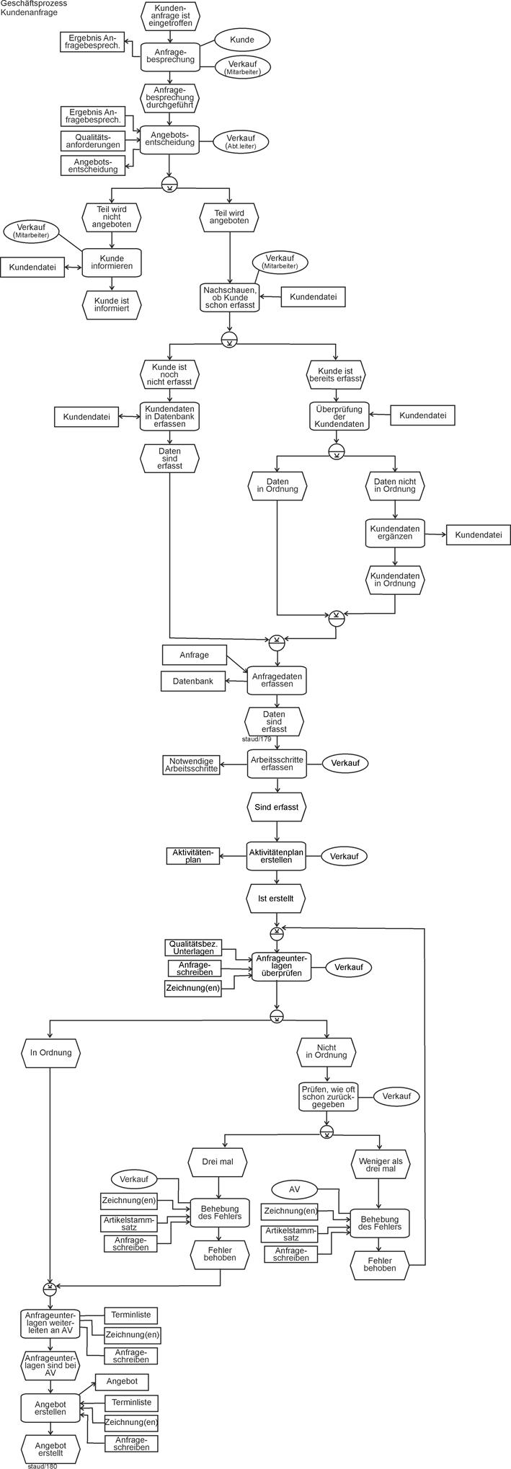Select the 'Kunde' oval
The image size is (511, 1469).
coord(241,40)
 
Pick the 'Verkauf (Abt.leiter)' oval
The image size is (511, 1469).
coord(240,141)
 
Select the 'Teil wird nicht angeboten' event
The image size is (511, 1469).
coord(111,216)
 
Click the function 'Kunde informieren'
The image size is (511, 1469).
coord(112,263)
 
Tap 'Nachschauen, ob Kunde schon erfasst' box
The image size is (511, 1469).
coord(229,296)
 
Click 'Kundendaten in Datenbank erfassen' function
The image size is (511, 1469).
coord(169,415)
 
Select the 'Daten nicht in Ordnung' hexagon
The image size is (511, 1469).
coord(394,485)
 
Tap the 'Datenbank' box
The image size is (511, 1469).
coord(192,680)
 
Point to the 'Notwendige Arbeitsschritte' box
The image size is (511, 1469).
coord(192,764)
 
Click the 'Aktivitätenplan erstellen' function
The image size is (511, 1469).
coord(276,856)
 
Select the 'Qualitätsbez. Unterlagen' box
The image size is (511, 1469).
coord(192,947)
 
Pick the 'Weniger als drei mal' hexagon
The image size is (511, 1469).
coord(381,1163)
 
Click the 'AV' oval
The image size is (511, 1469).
coord(294,1188)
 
